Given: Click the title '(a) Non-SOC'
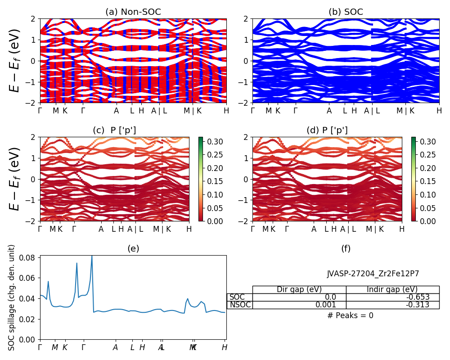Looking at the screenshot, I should (133, 12).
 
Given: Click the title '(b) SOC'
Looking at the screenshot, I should (346, 12).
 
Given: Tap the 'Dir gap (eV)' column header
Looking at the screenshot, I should (299, 289).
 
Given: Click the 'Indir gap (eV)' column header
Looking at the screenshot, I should (392, 289).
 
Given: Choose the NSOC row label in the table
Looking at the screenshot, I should (239, 305).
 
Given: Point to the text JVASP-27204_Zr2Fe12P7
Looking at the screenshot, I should (373, 273).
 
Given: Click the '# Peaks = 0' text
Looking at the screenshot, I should (350, 315).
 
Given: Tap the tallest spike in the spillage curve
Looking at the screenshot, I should (92, 256).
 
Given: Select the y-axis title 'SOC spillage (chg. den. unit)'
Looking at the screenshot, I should (12, 297).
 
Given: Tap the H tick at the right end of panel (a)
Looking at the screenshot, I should (226, 110).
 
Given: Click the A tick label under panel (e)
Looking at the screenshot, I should (116, 347).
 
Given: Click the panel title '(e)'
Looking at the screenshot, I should (133, 248).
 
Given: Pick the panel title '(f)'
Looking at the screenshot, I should (346, 248).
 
